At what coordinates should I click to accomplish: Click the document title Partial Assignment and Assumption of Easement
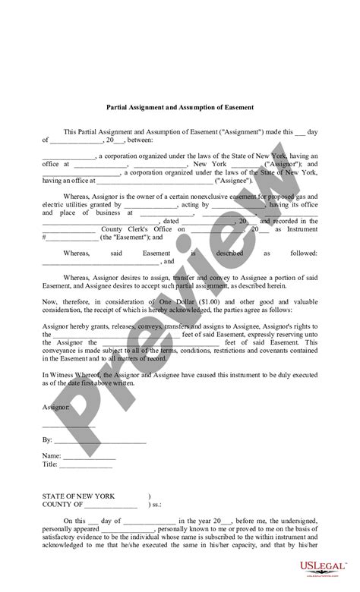(180, 108)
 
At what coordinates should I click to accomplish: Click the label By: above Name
(47, 439)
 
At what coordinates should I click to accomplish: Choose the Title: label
(51, 464)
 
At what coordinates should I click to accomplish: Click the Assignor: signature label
(55, 408)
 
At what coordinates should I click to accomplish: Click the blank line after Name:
(89, 457)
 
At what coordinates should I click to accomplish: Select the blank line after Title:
(86, 465)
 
